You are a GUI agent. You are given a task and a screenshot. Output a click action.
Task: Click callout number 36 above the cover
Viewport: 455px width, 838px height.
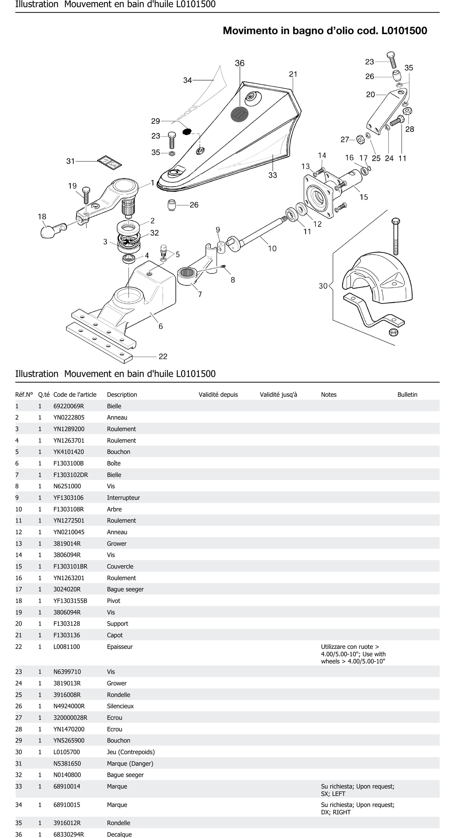(x=240, y=63)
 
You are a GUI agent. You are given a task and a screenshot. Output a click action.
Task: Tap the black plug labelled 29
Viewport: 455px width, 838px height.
(x=187, y=131)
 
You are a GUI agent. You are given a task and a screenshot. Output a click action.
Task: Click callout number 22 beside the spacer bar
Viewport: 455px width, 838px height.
(x=163, y=357)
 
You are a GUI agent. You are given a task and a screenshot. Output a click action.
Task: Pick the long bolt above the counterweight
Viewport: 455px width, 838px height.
(x=396, y=236)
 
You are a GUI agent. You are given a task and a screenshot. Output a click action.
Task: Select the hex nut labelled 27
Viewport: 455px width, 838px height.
(x=361, y=140)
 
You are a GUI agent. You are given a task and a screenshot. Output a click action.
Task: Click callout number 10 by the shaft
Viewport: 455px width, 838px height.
(x=272, y=249)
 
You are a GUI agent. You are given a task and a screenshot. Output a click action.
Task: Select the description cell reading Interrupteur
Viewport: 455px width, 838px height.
(x=123, y=498)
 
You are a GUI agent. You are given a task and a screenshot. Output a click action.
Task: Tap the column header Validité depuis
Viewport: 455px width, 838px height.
(x=218, y=395)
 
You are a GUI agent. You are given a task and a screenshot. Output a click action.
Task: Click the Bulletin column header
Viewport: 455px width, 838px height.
(x=407, y=395)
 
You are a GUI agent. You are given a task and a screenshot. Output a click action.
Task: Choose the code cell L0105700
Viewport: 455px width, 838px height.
(x=66, y=752)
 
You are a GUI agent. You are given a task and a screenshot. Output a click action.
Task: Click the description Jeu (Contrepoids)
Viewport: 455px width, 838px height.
(x=131, y=752)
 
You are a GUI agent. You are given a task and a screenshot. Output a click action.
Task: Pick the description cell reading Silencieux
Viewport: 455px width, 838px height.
(x=120, y=706)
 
